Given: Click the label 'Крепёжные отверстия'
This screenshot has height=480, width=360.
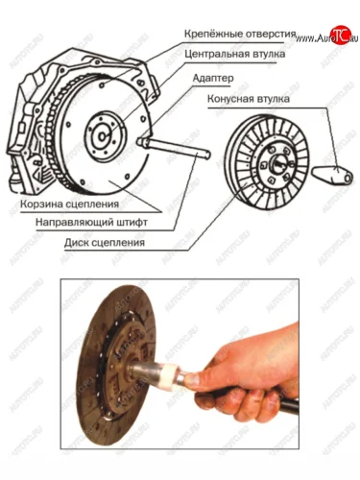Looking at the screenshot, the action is pos(240,35).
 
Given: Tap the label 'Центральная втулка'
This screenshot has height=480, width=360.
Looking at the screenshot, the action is pos(235,54).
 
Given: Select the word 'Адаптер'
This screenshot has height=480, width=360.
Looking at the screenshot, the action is pos(213,79).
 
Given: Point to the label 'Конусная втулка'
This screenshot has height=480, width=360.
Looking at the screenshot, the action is pos(249,99).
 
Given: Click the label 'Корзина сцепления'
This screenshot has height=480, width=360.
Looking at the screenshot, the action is pos(69,204).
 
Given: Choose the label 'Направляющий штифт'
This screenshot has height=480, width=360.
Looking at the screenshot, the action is pos(91,223).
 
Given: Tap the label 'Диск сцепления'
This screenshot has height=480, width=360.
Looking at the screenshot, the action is pos(105,242).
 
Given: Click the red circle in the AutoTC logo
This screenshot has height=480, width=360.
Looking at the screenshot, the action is pos(340,36).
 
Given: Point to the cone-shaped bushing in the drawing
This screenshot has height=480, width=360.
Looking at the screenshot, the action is pos(332,176).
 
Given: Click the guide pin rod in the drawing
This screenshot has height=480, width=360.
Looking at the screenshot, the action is pos(177,148).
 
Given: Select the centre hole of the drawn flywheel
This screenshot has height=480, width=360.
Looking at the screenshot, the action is pos(102,137).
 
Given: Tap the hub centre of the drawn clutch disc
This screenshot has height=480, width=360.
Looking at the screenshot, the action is pos(277,164).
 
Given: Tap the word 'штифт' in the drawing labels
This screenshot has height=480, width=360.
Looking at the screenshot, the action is pos(132,223).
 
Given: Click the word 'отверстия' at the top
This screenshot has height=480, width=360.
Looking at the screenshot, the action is pos(271,35).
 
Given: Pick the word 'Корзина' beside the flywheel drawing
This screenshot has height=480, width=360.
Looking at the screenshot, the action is pos(41,204).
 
